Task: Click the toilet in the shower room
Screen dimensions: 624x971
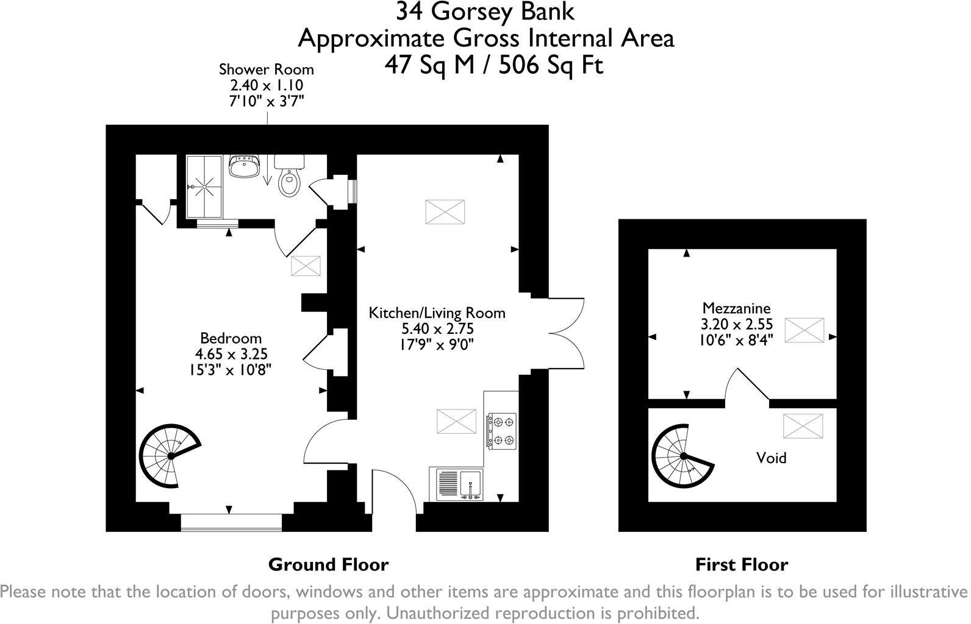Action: [288, 179]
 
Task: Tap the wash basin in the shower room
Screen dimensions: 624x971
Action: [245, 166]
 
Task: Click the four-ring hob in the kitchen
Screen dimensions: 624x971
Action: [501, 431]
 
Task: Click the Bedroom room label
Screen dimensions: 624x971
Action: [231, 338]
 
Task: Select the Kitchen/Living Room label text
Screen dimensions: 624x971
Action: [437, 313]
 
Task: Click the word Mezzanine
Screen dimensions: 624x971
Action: [736, 308]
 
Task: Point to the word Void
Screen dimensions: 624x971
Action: [771, 458]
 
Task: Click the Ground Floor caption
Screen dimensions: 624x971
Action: [328, 565]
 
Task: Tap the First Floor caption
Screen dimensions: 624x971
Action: [741, 565]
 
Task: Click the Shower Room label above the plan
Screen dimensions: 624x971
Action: [267, 69]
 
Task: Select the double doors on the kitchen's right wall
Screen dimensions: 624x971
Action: [567, 334]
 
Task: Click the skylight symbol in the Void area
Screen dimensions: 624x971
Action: [802, 425]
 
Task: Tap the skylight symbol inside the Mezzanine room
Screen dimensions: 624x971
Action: [804, 330]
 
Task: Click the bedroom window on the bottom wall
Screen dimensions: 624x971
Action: [231, 522]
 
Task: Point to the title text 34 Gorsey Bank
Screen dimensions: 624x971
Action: [485, 11]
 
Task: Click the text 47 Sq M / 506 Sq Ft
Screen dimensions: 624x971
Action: [493, 64]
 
